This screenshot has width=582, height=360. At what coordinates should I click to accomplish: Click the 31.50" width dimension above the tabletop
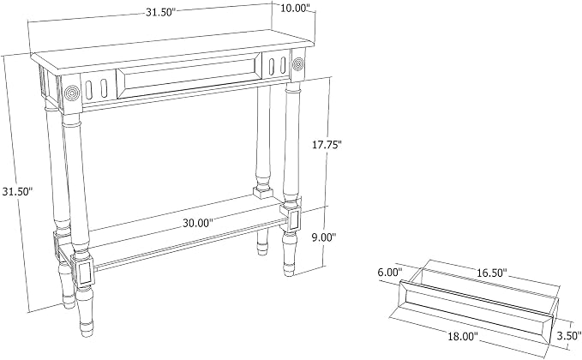(x=159, y=12)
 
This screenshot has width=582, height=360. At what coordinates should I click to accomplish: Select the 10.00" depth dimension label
(x=295, y=8)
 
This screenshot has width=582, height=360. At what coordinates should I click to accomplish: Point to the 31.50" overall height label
(x=17, y=191)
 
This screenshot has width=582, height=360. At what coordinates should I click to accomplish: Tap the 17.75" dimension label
(x=327, y=145)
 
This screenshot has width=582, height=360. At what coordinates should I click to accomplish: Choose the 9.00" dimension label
(x=323, y=237)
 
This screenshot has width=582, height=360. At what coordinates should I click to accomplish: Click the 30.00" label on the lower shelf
(x=198, y=223)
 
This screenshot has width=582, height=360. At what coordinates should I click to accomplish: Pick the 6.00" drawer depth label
(x=390, y=272)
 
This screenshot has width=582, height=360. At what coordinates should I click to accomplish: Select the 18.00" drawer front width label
(x=463, y=337)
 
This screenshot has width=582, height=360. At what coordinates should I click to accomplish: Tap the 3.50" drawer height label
(x=568, y=336)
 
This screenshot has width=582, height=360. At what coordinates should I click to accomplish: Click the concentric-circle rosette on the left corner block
(x=72, y=93)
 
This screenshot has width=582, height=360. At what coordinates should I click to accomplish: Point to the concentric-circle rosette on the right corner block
(x=298, y=63)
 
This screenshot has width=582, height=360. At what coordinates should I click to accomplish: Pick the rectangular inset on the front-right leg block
(x=295, y=219)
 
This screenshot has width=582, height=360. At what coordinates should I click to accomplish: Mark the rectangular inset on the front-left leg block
(x=85, y=273)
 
